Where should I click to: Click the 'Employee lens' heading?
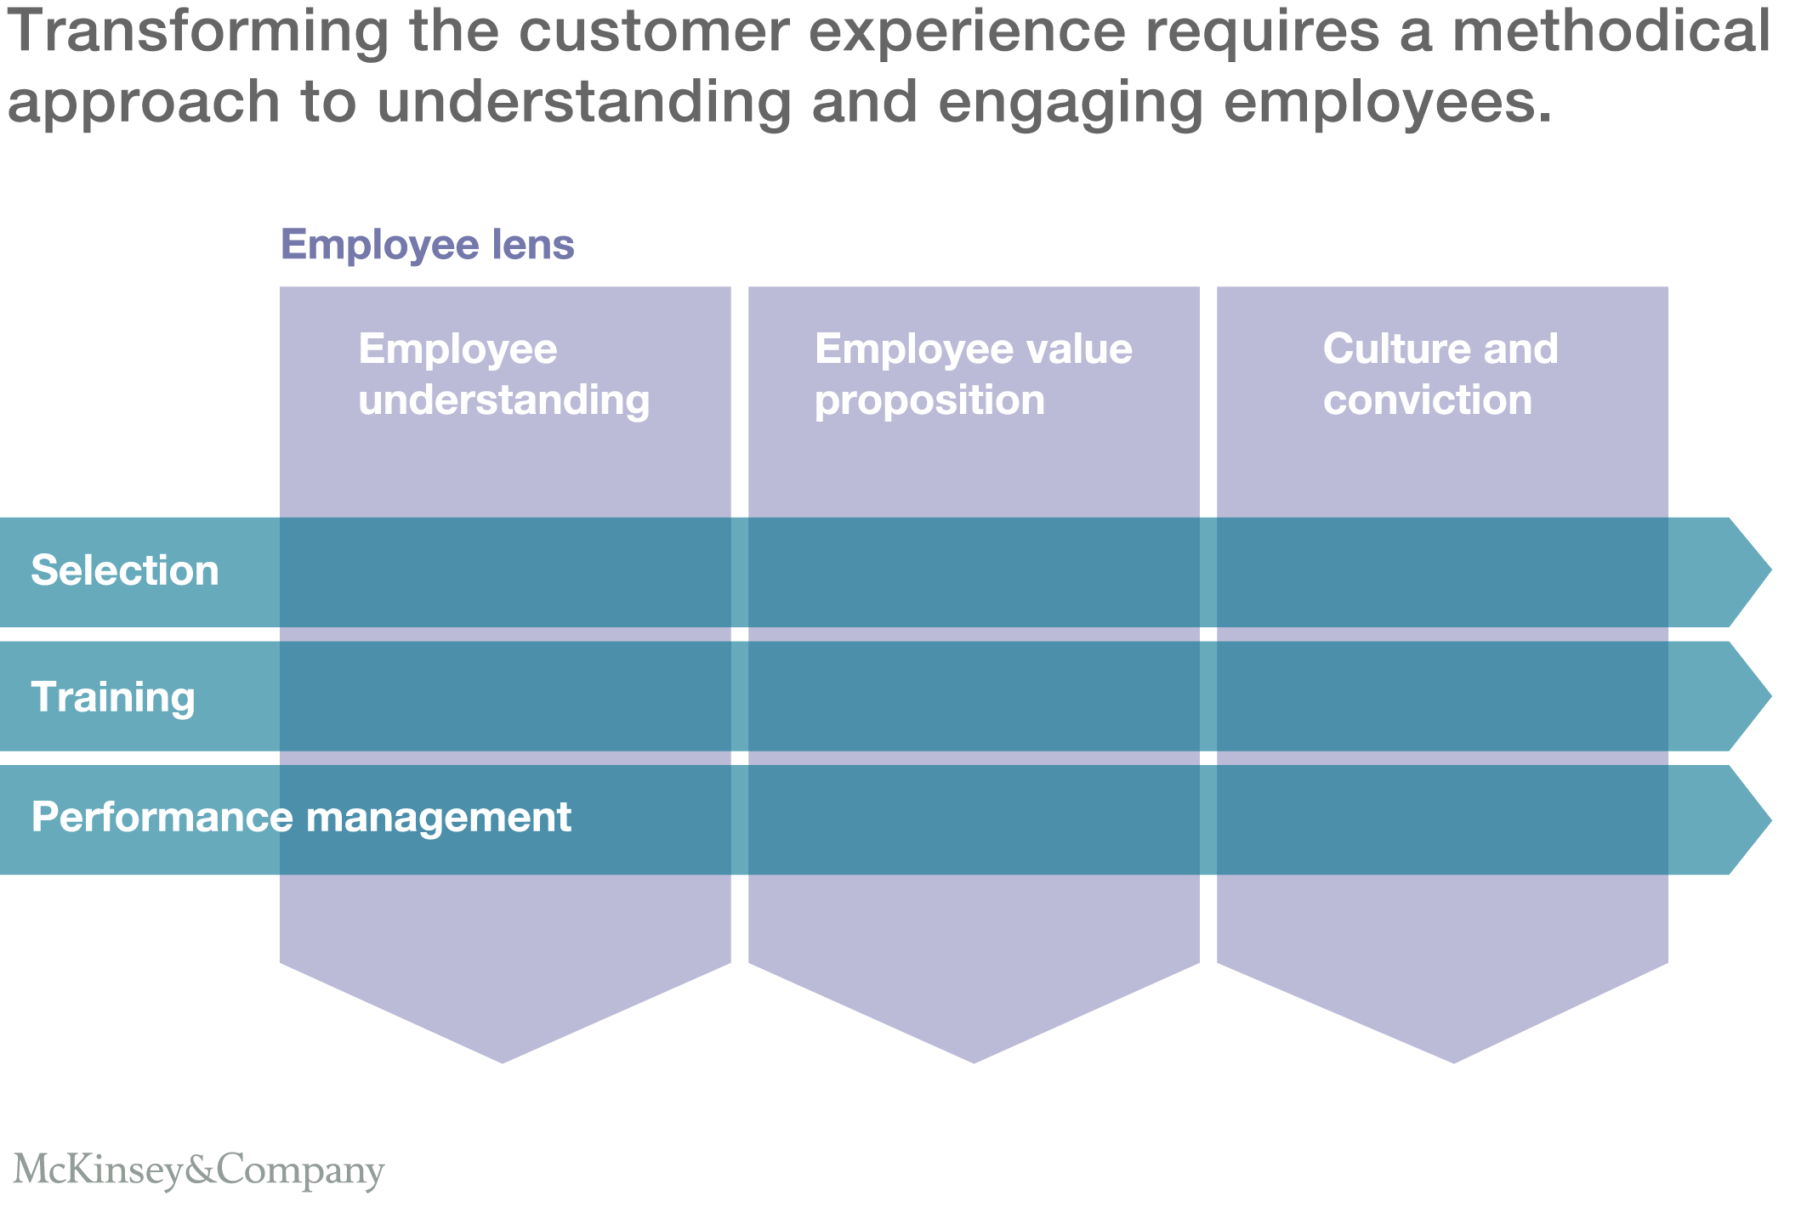(x=427, y=245)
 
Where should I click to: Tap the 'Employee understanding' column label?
(x=503, y=374)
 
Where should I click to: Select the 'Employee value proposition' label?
(x=973, y=374)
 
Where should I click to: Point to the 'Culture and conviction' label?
(x=1440, y=374)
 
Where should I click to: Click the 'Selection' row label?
(x=125, y=570)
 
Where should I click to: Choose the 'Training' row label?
(x=113, y=697)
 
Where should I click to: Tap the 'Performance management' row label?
(x=301, y=818)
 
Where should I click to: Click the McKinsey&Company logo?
(x=199, y=1170)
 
